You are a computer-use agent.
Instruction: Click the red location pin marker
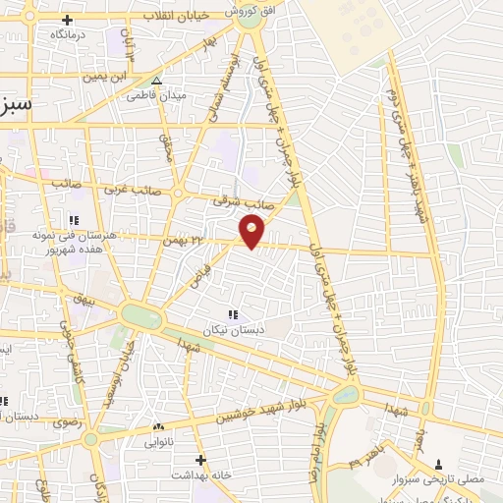coord(252,231)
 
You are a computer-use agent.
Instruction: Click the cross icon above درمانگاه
coord(67,20)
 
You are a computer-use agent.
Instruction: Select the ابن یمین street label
coord(107,76)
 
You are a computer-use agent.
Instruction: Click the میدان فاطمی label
coord(156,96)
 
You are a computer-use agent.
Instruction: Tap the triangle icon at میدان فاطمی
coord(157,82)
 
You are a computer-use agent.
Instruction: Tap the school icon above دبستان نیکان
coord(233,314)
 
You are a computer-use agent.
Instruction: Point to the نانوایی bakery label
coord(158,440)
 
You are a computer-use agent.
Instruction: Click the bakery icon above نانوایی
coord(158,426)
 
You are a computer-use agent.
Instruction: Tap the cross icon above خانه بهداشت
coord(200,460)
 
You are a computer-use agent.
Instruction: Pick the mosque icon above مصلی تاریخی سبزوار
coord(438,464)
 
